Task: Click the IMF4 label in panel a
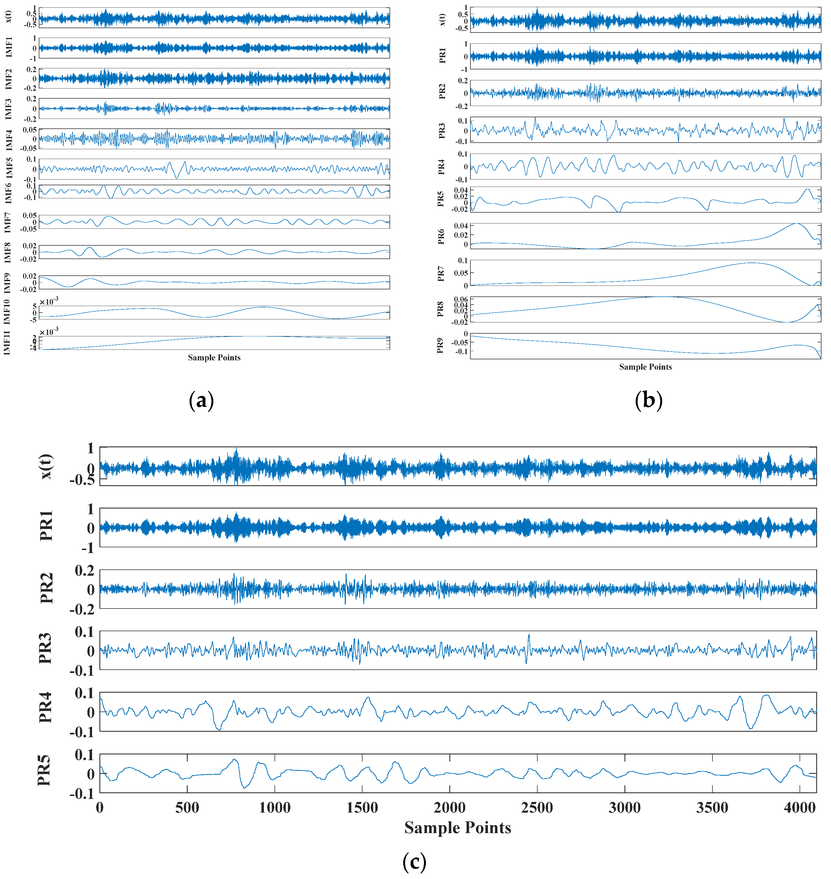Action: coord(8,140)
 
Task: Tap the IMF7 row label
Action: coord(8,222)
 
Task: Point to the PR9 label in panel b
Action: coord(440,346)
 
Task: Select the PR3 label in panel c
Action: coord(45,648)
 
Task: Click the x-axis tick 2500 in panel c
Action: coord(537,807)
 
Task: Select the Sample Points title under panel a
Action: coord(214,358)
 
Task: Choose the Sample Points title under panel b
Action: coord(646,367)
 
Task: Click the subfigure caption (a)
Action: coord(202,401)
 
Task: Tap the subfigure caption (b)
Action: coord(649,401)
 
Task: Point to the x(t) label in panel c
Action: coord(46,466)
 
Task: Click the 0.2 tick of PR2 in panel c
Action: coord(84,571)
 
